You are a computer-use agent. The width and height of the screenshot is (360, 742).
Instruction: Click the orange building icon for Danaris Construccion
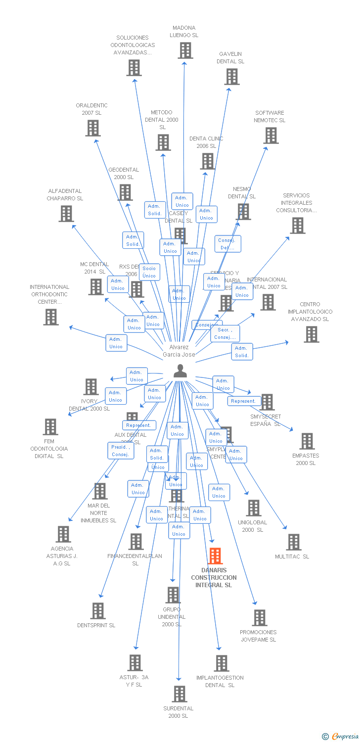pos(215,556)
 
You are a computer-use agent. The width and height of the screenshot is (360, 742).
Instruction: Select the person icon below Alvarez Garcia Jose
pos(180,371)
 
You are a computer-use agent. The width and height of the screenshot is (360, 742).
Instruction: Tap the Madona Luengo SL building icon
pos(185,50)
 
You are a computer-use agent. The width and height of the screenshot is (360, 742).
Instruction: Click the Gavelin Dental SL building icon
pos(231,77)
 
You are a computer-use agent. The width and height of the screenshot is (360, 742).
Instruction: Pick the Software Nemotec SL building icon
pos(270,136)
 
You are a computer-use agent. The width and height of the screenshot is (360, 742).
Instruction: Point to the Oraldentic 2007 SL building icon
pos(92,128)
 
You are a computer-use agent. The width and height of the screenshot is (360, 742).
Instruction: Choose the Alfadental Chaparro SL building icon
pos(66,214)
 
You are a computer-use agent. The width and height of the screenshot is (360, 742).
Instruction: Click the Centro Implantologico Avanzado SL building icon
pos(311,334)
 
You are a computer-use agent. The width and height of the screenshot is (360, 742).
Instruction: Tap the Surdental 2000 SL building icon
pos(179,694)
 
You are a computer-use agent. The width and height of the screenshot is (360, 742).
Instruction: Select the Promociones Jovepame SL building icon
pos(259,618)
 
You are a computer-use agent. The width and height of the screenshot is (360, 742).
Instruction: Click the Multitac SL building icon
pos(293,542)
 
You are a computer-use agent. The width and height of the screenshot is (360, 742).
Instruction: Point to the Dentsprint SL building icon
pos(98,611)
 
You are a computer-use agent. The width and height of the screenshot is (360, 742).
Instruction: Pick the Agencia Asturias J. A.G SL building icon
pos(63,534)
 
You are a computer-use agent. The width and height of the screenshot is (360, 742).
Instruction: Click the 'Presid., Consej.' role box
pos(120,451)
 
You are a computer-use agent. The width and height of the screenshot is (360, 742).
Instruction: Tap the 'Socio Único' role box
pos(149,272)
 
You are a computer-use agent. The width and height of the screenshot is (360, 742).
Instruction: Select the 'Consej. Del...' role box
pos(227,244)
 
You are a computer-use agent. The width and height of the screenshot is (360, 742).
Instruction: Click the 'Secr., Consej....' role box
pos(225,333)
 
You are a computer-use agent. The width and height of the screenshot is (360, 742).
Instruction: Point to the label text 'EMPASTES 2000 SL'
pos(306,460)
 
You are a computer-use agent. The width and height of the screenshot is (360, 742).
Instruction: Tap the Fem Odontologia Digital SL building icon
pos(50,427)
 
